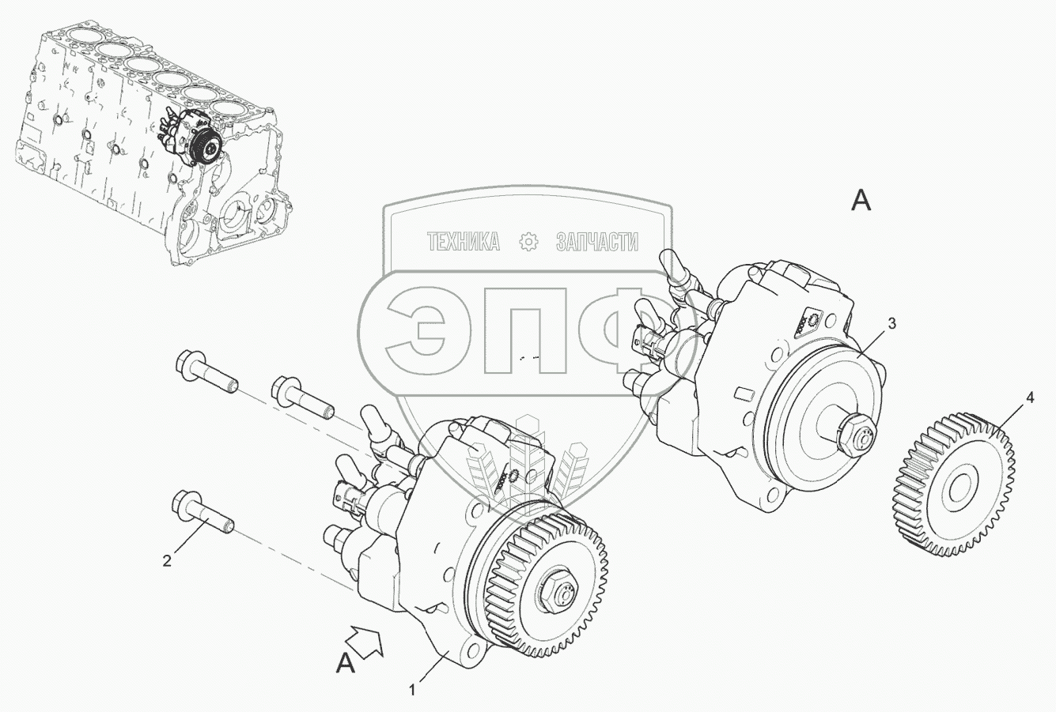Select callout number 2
click(x=167, y=561)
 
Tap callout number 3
click(x=891, y=323)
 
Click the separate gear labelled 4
click(x=952, y=484)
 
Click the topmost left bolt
click(x=206, y=372)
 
